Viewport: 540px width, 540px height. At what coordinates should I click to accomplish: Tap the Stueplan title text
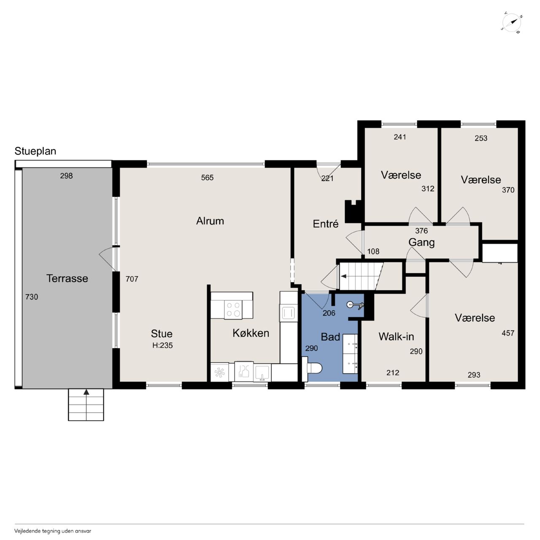[x=35, y=151]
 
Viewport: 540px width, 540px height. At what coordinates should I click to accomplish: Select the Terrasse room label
[x=67, y=278]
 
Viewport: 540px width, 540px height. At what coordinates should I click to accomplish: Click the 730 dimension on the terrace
[x=32, y=297]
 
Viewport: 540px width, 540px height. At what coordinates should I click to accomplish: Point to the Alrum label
[x=210, y=221]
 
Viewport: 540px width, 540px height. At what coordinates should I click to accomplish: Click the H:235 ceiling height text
[x=162, y=345]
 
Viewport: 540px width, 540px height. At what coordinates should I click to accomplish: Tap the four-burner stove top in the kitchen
[x=233, y=309]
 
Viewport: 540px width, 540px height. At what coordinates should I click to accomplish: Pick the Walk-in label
[x=396, y=337]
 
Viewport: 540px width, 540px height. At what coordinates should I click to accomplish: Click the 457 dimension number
[x=508, y=333]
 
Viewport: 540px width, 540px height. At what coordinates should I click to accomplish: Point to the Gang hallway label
[x=421, y=243]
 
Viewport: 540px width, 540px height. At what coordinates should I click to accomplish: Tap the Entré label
[x=326, y=224]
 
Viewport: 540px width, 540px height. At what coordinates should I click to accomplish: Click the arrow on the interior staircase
[x=343, y=277]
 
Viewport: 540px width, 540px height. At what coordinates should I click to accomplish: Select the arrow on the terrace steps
[x=86, y=392]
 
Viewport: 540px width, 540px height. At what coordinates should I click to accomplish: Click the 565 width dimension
[x=208, y=178]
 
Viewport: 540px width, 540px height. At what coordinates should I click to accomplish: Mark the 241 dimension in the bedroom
[x=400, y=137]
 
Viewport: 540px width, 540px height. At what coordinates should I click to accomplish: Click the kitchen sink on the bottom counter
[x=262, y=373]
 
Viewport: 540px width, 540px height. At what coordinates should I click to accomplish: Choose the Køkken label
[x=251, y=333]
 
